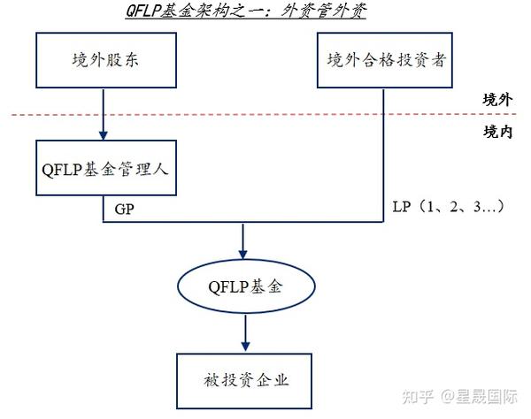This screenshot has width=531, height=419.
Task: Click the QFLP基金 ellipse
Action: tap(244, 286)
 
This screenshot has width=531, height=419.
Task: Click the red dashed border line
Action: tap(265, 116)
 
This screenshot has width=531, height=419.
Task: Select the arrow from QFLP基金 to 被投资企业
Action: tap(244, 331)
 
